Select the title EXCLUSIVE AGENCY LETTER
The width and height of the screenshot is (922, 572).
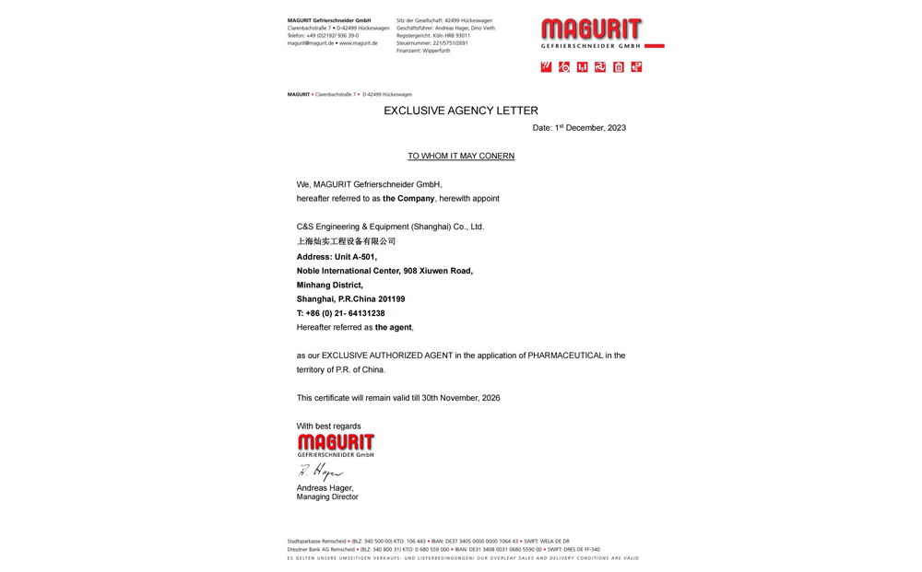point(461,111)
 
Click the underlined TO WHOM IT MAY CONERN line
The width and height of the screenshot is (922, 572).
point(461,156)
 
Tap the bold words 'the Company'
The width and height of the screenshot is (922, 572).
point(408,199)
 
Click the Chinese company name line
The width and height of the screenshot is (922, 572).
point(346,241)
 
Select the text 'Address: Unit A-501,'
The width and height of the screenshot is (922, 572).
point(337,257)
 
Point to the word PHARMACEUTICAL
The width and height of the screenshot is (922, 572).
point(565,356)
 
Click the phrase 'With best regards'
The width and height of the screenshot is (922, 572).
point(329,426)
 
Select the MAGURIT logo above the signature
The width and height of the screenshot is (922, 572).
point(336,445)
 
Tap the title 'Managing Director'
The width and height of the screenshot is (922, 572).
point(327,497)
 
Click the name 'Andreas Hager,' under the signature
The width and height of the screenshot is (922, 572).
point(325,488)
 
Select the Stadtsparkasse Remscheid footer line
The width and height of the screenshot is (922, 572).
point(428,542)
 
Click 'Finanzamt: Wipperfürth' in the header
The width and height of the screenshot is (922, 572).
point(423,51)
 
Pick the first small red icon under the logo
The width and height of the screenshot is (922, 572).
point(546,67)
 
